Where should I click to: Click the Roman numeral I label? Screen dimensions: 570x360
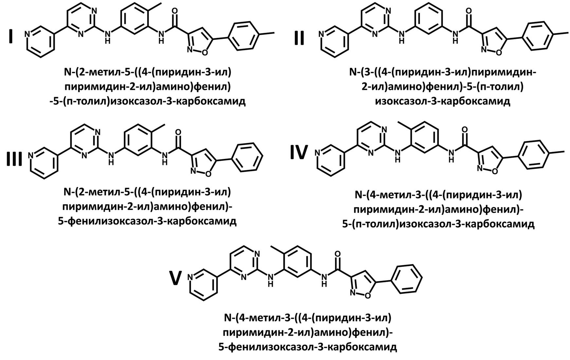[x=11, y=37]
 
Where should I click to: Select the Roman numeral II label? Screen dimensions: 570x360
[x=299, y=37]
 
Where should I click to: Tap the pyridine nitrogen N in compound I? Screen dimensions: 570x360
[x=27, y=34]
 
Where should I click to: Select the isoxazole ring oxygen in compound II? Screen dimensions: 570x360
[x=499, y=52]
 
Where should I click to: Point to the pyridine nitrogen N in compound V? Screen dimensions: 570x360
[x=191, y=278]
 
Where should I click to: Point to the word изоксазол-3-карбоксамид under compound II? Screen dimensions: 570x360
[x=442, y=101]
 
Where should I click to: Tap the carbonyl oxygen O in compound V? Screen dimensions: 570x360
[x=337, y=254]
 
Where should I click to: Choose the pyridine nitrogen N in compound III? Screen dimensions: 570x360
[x=31, y=155]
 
